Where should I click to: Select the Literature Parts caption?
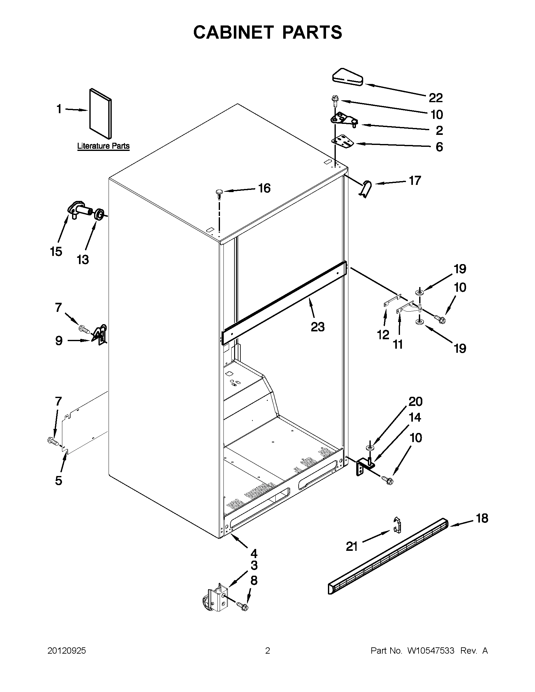click(x=104, y=146)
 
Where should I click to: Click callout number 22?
click(x=436, y=98)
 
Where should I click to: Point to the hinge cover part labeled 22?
click(x=347, y=77)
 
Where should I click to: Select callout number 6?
click(x=439, y=147)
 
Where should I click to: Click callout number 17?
click(x=415, y=180)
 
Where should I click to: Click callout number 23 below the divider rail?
click(x=318, y=327)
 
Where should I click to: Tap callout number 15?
click(x=56, y=252)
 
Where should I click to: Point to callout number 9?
click(x=59, y=341)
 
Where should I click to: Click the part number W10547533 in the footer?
click(x=431, y=651)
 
